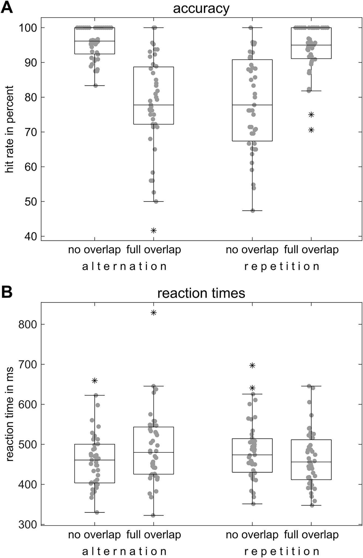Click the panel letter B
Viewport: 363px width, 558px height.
tap(7, 292)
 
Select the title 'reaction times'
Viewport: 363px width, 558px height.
tap(201, 293)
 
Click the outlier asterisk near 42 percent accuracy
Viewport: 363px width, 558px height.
tap(154, 230)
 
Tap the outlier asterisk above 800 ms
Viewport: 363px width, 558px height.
tap(154, 313)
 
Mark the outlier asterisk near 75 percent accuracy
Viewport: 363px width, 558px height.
tap(311, 115)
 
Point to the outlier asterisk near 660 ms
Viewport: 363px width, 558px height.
tap(95, 381)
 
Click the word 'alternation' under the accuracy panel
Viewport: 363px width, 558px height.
tap(124, 266)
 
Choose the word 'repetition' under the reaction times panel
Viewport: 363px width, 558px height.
tap(282, 552)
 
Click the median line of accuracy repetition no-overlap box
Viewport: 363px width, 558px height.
tap(252, 105)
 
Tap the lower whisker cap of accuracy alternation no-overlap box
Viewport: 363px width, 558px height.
tap(95, 86)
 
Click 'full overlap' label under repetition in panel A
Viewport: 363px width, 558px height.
tap(311, 250)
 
